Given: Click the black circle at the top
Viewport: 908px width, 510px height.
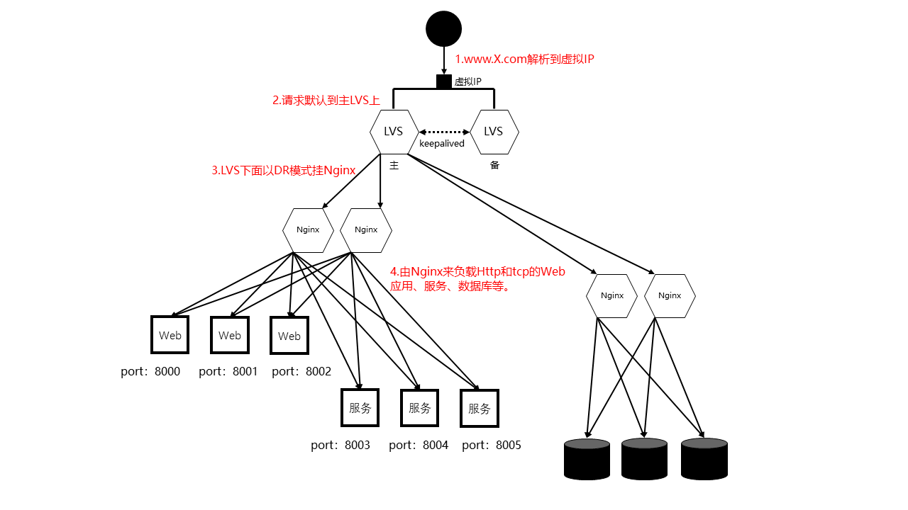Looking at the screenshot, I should [444, 29].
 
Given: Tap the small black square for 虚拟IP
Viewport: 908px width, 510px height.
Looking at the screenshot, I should [444, 81].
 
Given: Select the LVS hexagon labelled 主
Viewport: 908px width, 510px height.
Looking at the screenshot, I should [394, 131].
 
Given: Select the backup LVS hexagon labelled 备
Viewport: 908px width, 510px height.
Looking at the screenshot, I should [494, 131].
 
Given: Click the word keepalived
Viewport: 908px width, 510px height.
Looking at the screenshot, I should [441, 144].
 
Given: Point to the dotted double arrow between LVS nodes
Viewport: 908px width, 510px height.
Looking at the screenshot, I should [444, 131].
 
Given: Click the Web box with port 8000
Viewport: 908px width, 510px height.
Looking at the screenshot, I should [170, 335].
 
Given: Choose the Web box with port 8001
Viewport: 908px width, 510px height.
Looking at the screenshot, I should [230, 335].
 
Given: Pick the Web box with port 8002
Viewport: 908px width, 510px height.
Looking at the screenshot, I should [289, 336].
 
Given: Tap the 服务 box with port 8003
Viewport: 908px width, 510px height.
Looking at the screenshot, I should [360, 407].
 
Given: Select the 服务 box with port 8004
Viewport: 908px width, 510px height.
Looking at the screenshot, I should [420, 407].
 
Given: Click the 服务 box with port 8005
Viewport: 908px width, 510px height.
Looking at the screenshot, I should [480, 408].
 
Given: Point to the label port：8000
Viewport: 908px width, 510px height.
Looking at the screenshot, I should [150, 371].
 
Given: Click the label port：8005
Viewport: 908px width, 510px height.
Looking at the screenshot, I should [492, 445].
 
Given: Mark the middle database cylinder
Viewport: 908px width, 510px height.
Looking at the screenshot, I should [645, 458].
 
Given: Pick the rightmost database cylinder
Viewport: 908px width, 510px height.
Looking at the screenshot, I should [704, 458].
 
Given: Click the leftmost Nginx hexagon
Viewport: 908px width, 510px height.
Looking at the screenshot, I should [308, 229].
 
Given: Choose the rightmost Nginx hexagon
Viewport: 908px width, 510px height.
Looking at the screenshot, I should [670, 295].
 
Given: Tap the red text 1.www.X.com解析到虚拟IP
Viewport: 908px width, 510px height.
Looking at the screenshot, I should [524, 59].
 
